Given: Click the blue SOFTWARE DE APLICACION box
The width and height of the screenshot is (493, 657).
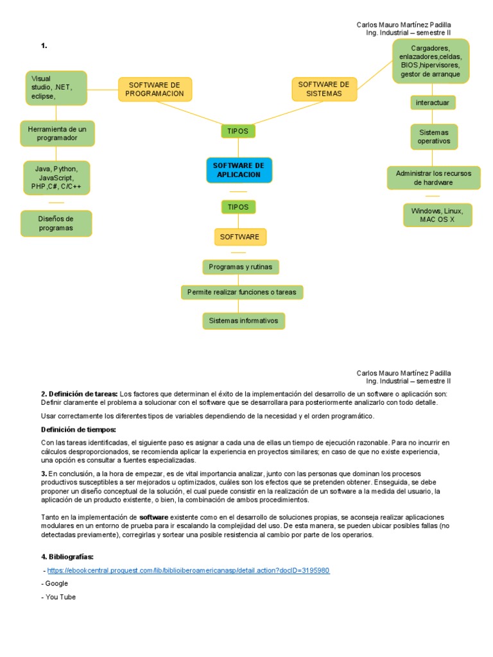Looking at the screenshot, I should point(239,170).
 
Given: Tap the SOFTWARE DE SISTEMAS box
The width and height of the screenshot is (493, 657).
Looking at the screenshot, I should point(324,89).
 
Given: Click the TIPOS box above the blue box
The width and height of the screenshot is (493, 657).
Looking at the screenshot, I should point(238,131).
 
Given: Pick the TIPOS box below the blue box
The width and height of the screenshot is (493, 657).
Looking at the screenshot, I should point(238,207).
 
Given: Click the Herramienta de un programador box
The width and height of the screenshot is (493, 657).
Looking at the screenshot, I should point(57,133).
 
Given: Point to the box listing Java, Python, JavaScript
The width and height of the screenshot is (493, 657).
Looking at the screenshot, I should point(56,177).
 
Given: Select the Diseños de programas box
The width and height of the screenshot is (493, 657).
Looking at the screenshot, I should point(56,223).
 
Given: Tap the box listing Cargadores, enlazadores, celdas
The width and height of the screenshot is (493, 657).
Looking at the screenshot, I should point(430,61).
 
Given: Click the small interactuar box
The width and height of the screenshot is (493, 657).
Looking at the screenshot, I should point(433,103).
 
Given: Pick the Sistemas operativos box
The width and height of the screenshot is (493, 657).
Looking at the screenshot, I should point(434,137).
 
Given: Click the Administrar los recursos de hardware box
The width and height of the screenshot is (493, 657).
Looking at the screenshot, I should point(433,178).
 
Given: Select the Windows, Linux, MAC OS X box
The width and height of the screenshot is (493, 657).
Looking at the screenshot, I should point(437,215).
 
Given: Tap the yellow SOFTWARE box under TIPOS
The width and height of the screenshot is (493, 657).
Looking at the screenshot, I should point(239,237).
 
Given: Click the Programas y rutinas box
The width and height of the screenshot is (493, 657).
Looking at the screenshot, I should point(240,267).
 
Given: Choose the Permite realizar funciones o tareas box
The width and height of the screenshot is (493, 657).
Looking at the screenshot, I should point(241,292).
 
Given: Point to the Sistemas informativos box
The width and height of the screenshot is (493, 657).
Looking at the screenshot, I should point(243,320).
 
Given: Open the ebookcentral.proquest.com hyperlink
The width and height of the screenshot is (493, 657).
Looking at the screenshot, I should point(189,570).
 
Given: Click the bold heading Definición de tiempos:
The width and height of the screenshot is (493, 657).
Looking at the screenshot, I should point(78,429).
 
